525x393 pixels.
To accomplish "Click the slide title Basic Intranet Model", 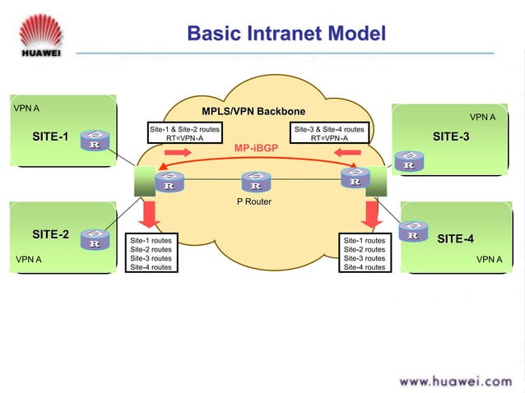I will point(286,34).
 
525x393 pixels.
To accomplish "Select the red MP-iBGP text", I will point(255,149).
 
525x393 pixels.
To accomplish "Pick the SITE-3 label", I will point(451,136).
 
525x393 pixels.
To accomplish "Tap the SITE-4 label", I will point(455,239).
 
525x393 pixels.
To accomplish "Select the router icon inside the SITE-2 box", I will point(95,239).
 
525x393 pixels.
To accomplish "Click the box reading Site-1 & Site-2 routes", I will point(184,133).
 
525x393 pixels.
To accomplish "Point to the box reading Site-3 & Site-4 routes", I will point(329,133).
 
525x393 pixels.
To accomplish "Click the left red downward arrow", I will point(150,215).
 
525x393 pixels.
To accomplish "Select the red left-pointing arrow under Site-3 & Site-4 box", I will point(348,155).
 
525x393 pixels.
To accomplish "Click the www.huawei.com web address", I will point(454,381).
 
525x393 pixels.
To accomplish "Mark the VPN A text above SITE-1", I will point(27,108).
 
